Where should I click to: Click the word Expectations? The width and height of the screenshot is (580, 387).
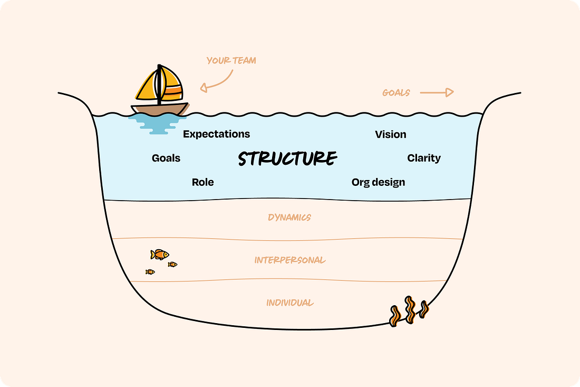(x=216, y=134)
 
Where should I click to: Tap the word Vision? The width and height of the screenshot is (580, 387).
(x=391, y=135)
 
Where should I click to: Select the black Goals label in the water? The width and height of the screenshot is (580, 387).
(x=166, y=158)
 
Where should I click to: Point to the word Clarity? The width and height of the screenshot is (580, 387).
(x=424, y=158)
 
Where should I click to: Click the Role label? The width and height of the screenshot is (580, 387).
(x=203, y=182)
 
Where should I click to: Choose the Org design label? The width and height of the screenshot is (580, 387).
(x=379, y=182)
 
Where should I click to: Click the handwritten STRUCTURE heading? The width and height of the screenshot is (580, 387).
(x=287, y=158)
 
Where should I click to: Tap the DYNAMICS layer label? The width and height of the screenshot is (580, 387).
(x=289, y=217)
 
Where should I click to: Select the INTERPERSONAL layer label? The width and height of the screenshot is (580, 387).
(x=290, y=260)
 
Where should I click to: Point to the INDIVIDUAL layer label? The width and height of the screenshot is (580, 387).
(x=290, y=303)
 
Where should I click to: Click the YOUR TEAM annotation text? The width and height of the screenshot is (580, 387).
(x=231, y=61)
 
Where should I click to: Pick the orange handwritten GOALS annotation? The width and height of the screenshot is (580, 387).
(x=396, y=93)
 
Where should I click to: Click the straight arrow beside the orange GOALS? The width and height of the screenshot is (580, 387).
(x=437, y=93)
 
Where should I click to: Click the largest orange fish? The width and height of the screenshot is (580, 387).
(x=159, y=254)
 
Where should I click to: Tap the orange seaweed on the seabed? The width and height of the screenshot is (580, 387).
(x=409, y=312)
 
